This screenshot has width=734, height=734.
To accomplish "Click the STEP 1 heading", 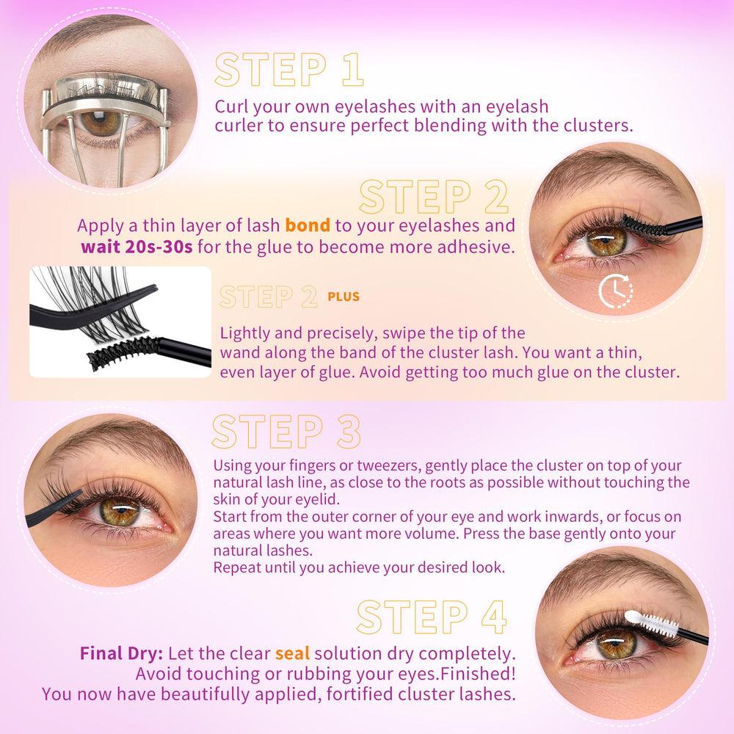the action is coord(288,69).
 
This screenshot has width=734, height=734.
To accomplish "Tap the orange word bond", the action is coord(308,225).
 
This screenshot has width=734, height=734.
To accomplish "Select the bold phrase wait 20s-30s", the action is coord(137,247).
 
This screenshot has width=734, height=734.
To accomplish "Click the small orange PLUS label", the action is coord(344,297).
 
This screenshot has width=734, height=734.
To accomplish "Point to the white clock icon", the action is coord(615,291).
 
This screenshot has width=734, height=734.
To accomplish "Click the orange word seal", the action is coord(292,653).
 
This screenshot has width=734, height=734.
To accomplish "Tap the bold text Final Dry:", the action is coord(121,653).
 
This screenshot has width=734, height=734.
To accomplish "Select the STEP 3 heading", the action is coord(286,431).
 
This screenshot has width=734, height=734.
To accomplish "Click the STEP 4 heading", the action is coord(431,617).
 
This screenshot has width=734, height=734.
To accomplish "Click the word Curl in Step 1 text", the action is coord(231,106).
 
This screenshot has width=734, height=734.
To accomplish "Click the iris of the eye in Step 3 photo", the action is coord(120,512).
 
